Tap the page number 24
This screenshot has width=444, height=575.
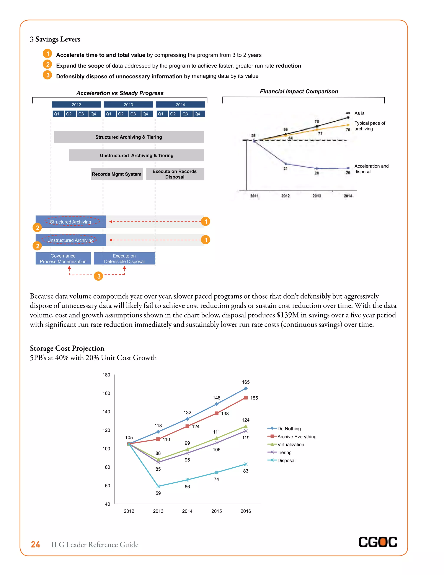pyautogui.click(x=36, y=544)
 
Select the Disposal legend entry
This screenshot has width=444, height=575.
pyautogui.click(x=286, y=460)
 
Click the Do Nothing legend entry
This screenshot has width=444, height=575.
pyautogui.click(x=289, y=429)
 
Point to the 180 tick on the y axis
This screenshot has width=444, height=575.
pyautogui.click(x=106, y=375)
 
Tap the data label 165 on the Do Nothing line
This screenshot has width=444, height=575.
pyautogui.click(x=246, y=382)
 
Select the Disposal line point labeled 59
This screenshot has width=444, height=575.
pyautogui.click(x=158, y=486)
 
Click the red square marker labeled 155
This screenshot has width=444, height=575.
pyautogui.click(x=245, y=398)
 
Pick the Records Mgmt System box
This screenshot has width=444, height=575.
pyautogui.click(x=116, y=174)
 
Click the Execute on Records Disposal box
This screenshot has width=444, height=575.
pyautogui.click(x=175, y=174)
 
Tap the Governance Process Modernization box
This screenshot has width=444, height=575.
pyautogui.click(x=63, y=259)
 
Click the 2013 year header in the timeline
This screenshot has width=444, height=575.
pyautogui.click(x=128, y=105)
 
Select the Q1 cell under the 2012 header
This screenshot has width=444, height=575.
pyautogui.click(x=57, y=114)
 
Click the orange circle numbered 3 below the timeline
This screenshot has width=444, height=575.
pyautogui.click(x=99, y=276)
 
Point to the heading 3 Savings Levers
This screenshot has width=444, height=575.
pyautogui.click(x=55, y=39)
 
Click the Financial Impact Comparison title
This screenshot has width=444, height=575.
pyautogui.click(x=299, y=91)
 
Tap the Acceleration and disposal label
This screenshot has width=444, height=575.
pyautogui.click(x=371, y=169)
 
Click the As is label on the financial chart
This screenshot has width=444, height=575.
pyautogui.click(x=359, y=113)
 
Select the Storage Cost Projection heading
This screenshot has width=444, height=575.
pyautogui.click(x=67, y=348)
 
